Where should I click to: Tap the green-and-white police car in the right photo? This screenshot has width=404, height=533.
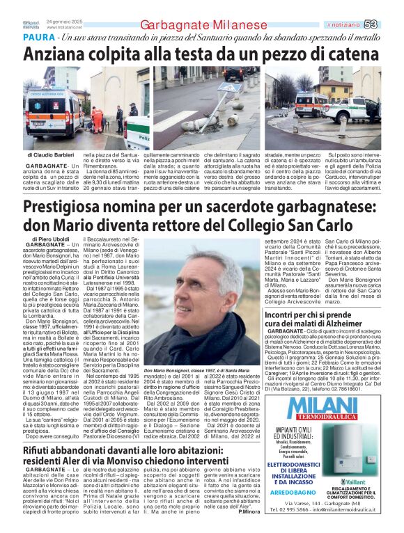(356, 110)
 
